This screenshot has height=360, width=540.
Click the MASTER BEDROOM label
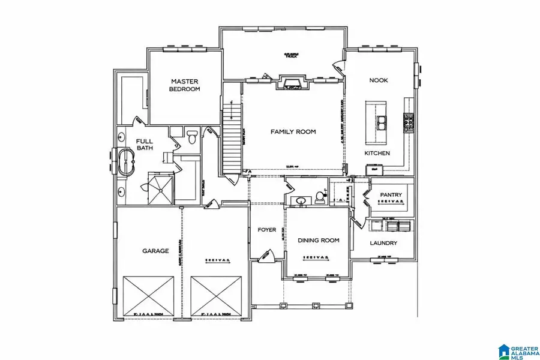[x=185, y=85]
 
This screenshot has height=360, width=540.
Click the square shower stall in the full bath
[x=160, y=188]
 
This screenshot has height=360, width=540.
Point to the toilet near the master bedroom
[x=192, y=137]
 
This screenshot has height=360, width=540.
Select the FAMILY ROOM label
[x=293, y=132]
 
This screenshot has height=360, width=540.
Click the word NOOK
[x=378, y=79]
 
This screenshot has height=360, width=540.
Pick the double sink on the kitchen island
[x=381, y=123]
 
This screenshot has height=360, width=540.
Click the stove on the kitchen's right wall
[x=410, y=122]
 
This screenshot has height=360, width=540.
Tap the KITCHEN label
[x=377, y=154]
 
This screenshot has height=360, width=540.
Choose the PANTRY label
[x=391, y=195]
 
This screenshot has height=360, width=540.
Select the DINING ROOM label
[x=318, y=240]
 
